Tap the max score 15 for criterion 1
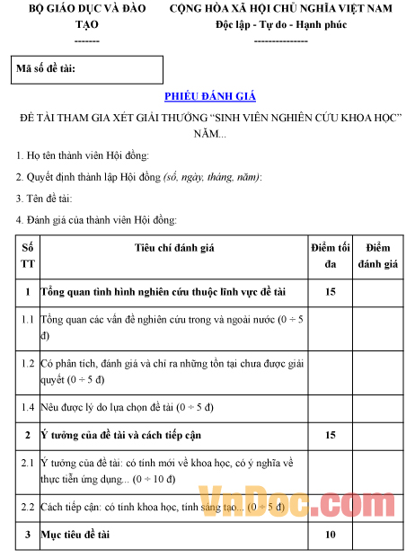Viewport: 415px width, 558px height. pyautogui.click(x=330, y=292)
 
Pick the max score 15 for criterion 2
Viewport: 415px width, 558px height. pyautogui.click(x=330, y=435)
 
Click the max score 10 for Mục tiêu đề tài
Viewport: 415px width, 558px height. pyautogui.click(x=330, y=535)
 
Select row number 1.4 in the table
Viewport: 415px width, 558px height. pyautogui.click(x=27, y=406)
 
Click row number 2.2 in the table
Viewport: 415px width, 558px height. pyautogui.click(x=27, y=507)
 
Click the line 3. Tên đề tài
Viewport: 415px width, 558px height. pyautogui.click(x=45, y=199)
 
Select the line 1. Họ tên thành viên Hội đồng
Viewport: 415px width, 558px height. pyautogui.click(x=88, y=155)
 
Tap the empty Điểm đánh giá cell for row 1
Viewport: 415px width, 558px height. pyautogui.click(x=378, y=292)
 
